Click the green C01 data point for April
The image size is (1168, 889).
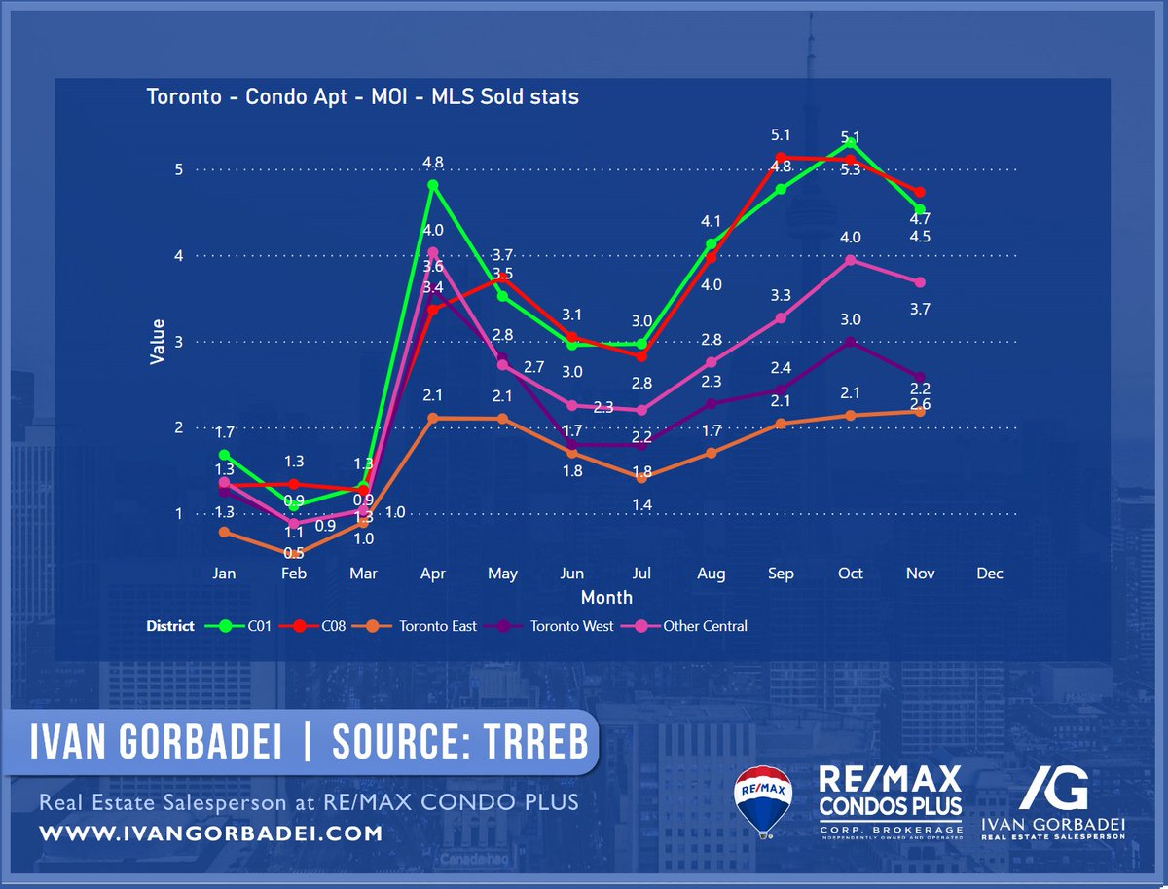[x=433, y=185]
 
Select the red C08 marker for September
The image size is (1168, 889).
[x=781, y=157]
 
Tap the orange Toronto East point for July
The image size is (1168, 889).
[x=641, y=477]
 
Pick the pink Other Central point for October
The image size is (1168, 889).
[x=851, y=260]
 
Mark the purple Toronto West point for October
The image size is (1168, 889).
[x=851, y=342]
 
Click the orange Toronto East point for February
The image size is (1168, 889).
[x=294, y=553]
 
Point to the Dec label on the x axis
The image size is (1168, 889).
[x=989, y=574]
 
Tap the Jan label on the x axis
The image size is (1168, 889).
[x=225, y=574]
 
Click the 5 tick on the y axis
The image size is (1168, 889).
[x=178, y=169]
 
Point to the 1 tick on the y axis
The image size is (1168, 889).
[x=178, y=514]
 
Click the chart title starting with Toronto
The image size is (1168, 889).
[x=362, y=97]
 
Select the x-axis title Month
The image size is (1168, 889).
[x=606, y=597]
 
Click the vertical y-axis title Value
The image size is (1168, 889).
[x=158, y=342]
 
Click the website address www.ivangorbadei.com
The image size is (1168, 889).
[x=210, y=834]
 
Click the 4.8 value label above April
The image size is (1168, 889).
[x=433, y=162]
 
